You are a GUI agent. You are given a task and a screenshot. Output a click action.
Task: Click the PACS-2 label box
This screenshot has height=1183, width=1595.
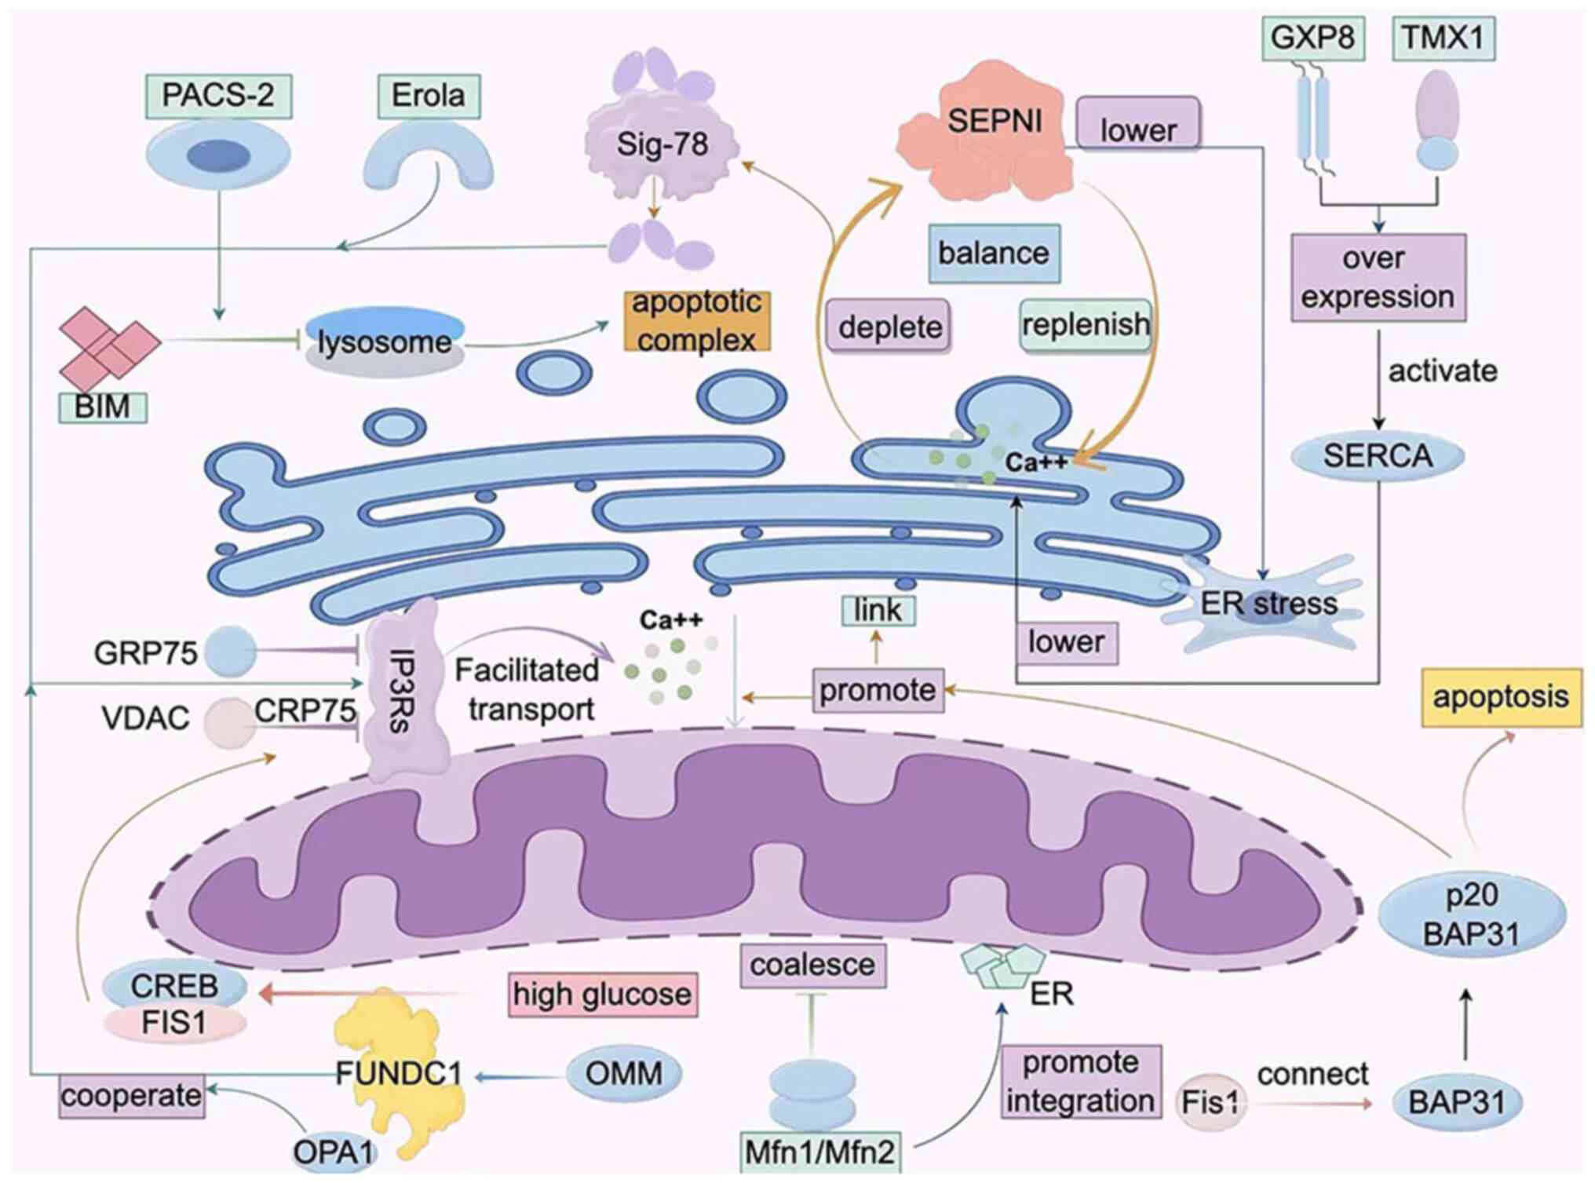coord(218,96)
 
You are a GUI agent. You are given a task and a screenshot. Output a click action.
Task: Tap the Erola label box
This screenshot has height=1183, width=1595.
coord(428,96)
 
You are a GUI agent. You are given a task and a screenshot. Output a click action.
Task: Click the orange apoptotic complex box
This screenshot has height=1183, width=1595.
coord(697,321)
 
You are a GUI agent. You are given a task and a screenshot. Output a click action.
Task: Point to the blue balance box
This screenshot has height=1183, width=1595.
coord(994,254)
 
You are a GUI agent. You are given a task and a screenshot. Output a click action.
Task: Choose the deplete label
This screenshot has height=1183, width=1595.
coord(889,327)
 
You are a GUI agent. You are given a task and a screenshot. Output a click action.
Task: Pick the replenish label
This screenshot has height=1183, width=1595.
coord(1086,324)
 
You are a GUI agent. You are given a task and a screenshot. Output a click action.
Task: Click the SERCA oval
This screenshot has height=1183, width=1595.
coord(1378,456)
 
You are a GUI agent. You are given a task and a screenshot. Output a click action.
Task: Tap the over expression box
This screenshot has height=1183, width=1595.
coord(1378,278)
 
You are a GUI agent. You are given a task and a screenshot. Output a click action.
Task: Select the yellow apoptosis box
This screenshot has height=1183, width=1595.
coord(1500,697)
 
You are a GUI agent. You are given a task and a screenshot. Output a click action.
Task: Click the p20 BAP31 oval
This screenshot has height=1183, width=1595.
coord(1471,915)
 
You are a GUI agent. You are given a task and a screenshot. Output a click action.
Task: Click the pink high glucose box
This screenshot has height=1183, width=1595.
coord(602,995)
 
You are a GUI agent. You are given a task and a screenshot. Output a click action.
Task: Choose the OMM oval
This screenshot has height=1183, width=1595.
coord(624,1073)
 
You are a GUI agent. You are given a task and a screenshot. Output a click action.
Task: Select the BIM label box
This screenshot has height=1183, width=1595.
coord(103,407)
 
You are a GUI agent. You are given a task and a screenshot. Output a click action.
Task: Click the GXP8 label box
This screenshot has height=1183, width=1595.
coord(1312,38)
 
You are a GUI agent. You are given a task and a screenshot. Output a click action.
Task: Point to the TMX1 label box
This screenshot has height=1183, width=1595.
coord(1443,38)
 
